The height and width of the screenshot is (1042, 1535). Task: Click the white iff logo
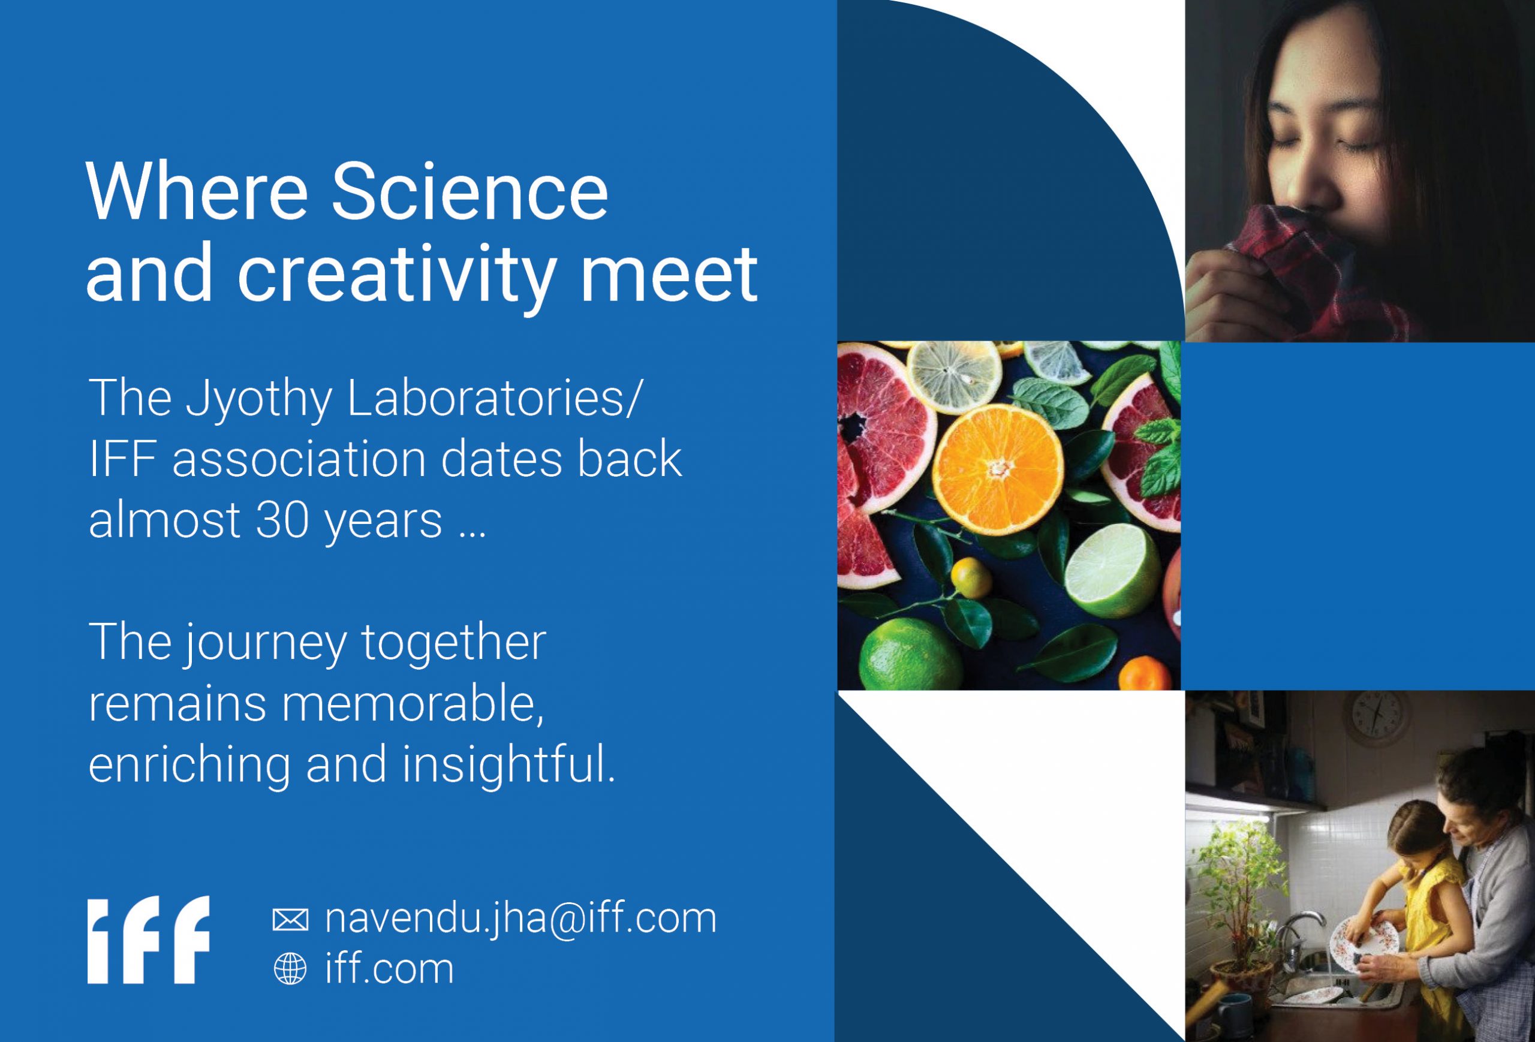(149, 939)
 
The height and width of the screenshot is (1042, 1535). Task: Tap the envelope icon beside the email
(290, 920)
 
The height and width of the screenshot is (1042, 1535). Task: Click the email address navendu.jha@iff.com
(520, 918)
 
